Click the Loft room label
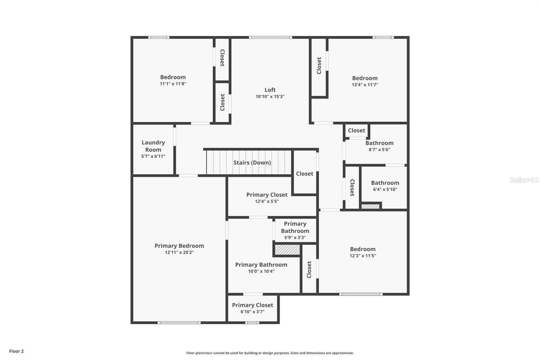coord(270,90)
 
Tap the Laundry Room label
coord(153,146)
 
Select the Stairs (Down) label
coord(252,162)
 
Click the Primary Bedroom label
coord(179,246)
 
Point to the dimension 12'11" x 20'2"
coord(179,252)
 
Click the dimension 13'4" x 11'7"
coord(365,85)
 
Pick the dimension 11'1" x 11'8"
coord(173,84)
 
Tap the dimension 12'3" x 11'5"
coord(363,256)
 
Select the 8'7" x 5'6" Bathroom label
coord(379,143)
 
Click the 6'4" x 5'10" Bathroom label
coord(385,183)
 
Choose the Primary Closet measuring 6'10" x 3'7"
coord(252,305)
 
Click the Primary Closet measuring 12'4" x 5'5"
coord(267,195)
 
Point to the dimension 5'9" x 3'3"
coord(295,237)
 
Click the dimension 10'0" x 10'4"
coord(261,271)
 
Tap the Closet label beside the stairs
coord(305,174)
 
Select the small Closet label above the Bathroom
coord(356,130)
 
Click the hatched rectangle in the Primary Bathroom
coord(287,250)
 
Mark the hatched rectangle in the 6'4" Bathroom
coord(371,206)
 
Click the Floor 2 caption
coord(16,351)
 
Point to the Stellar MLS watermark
coord(524,180)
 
